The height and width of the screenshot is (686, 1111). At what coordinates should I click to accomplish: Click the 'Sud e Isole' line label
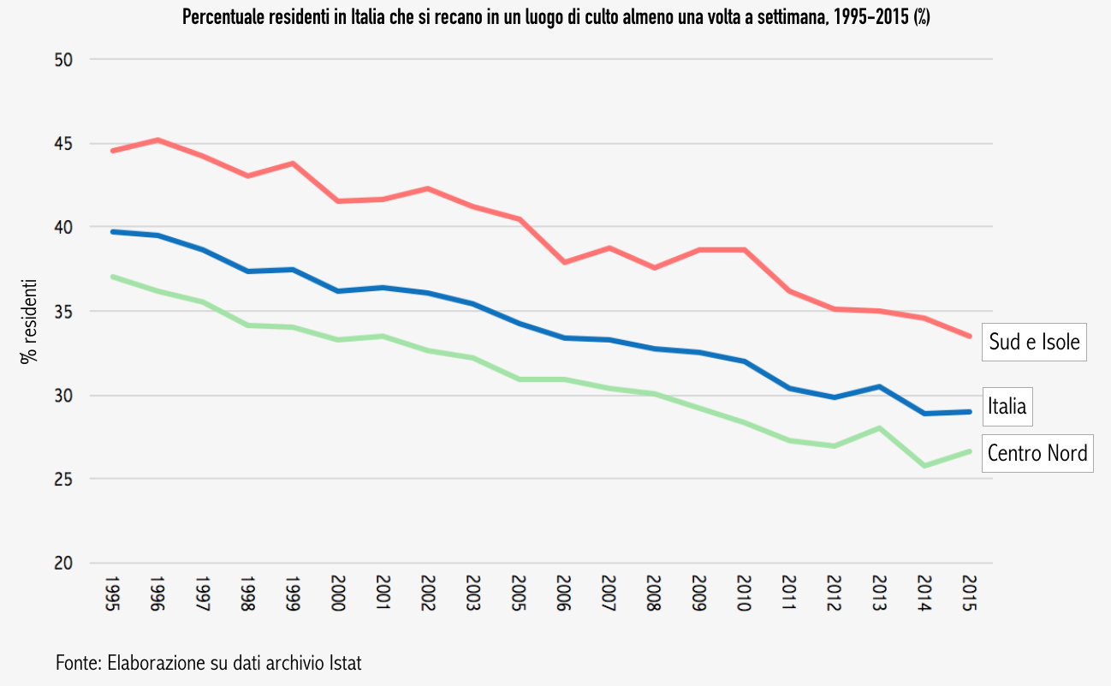1034,342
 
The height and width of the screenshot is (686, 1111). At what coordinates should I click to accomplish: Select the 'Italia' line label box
1007,406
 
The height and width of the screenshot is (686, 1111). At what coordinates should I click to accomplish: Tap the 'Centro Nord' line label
1037,452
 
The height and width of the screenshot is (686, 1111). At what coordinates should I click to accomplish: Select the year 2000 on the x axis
336,594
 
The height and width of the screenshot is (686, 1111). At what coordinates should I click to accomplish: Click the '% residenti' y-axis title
30,320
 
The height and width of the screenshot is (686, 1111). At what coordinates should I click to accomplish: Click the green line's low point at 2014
924,465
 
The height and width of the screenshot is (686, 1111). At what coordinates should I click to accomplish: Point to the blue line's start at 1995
112,231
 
